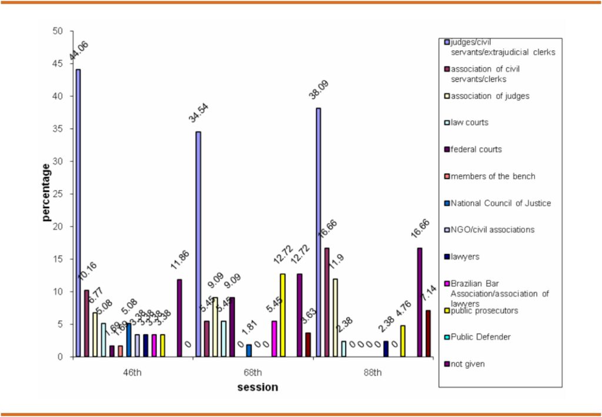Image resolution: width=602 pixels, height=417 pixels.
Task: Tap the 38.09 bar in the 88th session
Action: [319, 232]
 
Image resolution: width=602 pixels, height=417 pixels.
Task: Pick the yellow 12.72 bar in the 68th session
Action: [283, 315]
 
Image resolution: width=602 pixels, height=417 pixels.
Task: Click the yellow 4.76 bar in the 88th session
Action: [403, 341]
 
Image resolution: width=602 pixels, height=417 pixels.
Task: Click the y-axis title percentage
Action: [46, 193]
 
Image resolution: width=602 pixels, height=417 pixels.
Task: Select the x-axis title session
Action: [257, 388]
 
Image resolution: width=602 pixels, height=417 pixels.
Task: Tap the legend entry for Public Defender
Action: [480, 337]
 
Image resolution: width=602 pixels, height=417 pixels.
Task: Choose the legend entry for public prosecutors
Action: [484, 311]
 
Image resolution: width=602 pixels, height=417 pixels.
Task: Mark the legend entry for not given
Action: [467, 364]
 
